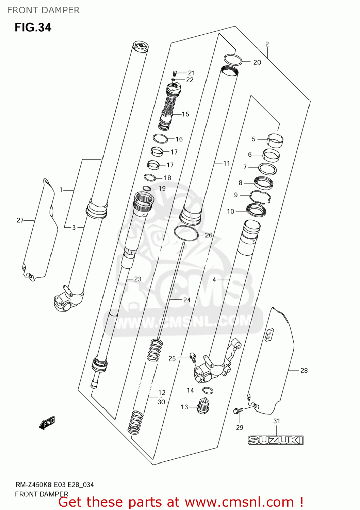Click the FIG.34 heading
(33, 27)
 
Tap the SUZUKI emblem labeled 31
(275, 440)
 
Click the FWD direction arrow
(47, 423)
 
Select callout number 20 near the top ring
(257, 62)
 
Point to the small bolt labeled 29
(237, 411)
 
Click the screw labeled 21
(175, 73)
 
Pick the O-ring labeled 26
(186, 233)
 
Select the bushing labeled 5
(275, 140)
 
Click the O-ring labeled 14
(208, 390)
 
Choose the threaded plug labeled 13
(203, 406)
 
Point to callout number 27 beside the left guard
(20, 220)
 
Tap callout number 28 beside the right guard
(304, 371)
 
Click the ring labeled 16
(160, 139)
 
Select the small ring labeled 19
(147, 189)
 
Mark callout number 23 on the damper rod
(137, 279)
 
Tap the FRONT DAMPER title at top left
(43, 10)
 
